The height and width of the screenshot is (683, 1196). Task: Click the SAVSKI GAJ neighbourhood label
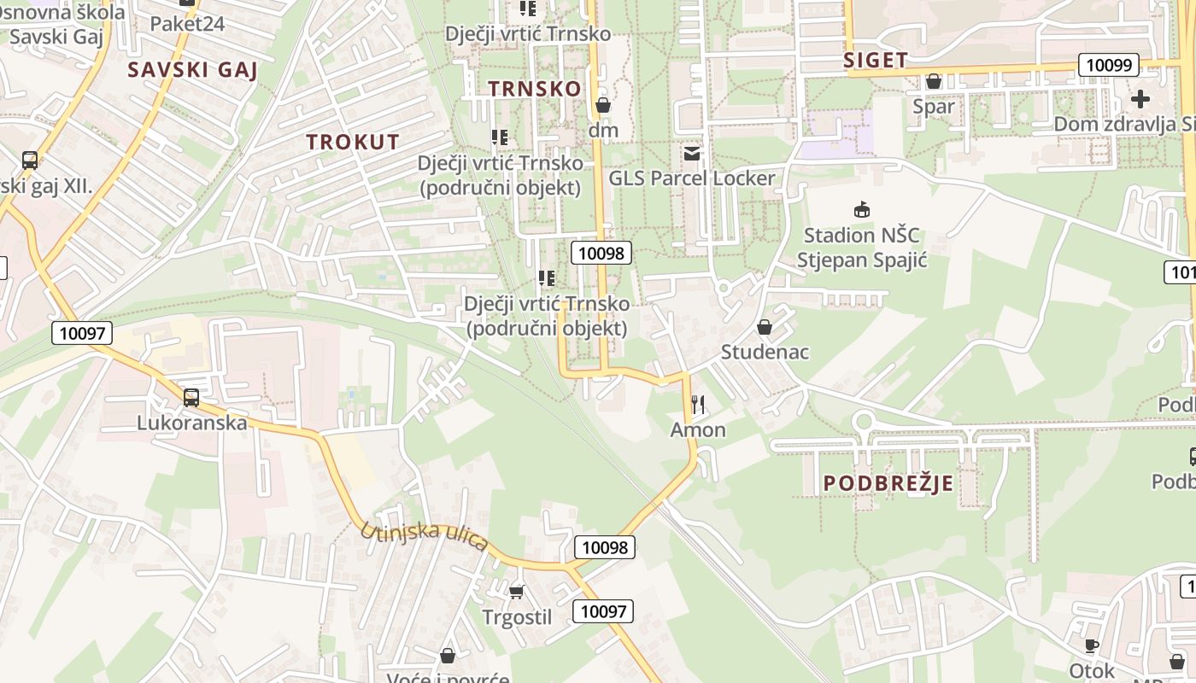point(192,69)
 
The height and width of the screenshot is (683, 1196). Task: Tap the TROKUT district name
point(353,142)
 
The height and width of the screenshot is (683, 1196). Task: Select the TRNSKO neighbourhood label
point(535,88)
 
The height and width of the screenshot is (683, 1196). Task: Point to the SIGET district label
point(875,60)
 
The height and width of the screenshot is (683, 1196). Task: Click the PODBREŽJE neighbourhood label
point(888,483)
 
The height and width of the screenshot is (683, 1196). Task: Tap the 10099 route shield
point(1109,65)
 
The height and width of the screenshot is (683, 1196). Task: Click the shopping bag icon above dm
point(603,105)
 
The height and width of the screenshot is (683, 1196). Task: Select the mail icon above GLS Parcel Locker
point(691,154)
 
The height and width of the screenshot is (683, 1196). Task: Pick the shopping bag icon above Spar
point(934,81)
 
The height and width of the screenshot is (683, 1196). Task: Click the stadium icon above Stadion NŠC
point(862,209)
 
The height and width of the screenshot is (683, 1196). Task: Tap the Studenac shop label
point(765,352)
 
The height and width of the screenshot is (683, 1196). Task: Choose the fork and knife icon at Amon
point(699,404)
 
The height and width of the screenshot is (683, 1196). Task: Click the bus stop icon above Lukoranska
point(191,397)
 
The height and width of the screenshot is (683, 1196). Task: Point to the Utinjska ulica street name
point(425,536)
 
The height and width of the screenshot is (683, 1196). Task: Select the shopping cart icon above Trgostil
point(516,591)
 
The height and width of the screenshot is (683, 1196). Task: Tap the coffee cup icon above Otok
point(1091,645)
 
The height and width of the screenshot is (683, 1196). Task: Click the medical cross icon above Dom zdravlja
point(1140,98)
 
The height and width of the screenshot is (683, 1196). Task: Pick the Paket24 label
point(187,23)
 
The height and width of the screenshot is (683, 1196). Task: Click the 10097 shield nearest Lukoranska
point(82,332)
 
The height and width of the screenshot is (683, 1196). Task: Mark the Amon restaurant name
point(698,429)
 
